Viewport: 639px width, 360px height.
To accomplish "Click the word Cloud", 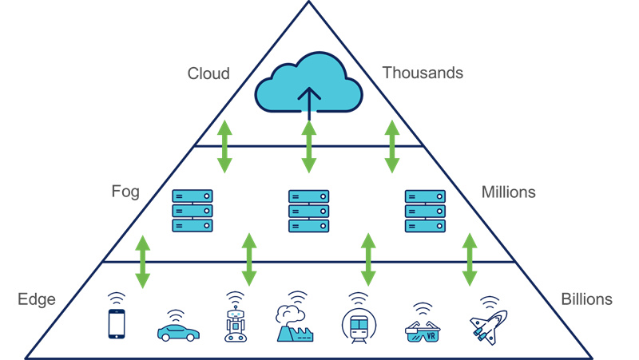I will [x=208, y=73].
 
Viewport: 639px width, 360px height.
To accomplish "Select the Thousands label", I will [x=423, y=73].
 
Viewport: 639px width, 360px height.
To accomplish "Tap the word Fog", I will [x=125, y=192].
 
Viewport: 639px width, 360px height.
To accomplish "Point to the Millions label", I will [x=509, y=192].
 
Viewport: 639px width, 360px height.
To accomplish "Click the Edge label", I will [x=36, y=300].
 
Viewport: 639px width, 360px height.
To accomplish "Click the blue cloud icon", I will [x=308, y=89].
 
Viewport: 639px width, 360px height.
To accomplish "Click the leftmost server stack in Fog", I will [x=193, y=211].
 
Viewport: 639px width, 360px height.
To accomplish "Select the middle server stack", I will [x=308, y=211].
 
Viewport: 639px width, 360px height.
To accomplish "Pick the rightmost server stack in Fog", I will [x=424, y=211].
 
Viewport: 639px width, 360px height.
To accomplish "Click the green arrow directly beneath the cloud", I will [x=308, y=147].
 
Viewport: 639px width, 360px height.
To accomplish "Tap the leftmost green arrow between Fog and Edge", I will [x=142, y=261].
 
